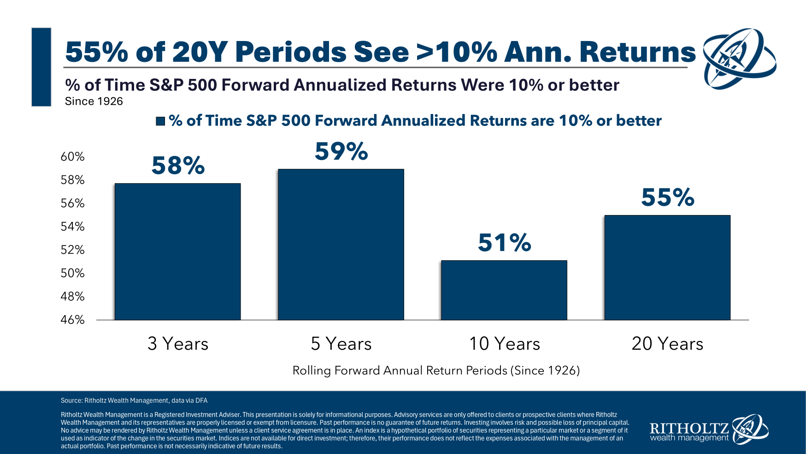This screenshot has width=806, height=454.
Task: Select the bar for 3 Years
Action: click(177, 251)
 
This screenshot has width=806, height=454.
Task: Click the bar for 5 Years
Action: click(341, 245)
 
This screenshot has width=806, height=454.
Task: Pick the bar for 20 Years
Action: click(667, 268)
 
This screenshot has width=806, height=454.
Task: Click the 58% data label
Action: click(178, 165)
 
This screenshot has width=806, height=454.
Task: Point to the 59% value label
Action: click(341, 151)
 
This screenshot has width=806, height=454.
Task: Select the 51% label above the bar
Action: click(504, 243)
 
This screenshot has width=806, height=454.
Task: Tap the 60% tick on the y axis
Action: click(72, 157)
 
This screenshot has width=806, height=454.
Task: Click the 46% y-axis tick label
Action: click(72, 320)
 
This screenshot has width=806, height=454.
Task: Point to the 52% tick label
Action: click(72, 250)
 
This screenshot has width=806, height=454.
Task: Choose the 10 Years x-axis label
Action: click(504, 344)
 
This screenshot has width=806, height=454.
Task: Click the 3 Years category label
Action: click(178, 344)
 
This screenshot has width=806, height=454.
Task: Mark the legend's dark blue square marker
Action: click(160, 121)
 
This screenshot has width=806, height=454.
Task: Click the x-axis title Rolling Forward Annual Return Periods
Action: click(436, 370)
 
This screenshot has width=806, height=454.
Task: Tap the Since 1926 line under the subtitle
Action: click(94, 102)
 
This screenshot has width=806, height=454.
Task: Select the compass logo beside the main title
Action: click(739, 59)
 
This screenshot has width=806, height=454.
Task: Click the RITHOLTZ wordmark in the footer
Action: click(689, 428)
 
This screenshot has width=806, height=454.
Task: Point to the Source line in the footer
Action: click(134, 400)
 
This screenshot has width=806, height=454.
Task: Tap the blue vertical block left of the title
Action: click(41, 67)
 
